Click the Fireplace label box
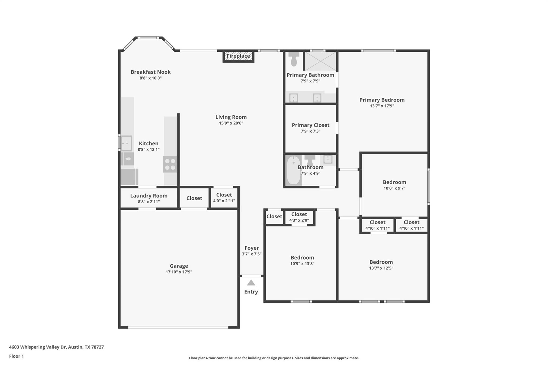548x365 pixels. pos(238,56)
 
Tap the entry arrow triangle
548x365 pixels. pos(251,283)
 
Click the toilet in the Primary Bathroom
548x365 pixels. pos(294,59)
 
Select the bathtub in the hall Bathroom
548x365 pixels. pos(294,170)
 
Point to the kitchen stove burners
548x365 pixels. pos(170,164)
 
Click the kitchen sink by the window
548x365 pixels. pos(126,143)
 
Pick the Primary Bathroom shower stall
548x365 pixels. pos(321,61)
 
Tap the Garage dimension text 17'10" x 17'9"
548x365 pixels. pos(179,272)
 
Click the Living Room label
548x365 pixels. pos(231,117)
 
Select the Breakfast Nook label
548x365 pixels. pos(150,72)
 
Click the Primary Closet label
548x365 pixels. pos(310,125)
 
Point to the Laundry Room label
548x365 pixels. pos(149,196)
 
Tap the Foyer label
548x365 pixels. pos(252,248)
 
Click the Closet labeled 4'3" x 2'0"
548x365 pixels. pos(299,217)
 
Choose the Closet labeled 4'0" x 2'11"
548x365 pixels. pos(224,197)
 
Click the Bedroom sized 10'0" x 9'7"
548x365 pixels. pos(394,185)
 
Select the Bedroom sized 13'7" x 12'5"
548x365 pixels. pos(381,264)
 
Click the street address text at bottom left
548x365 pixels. pos(56,347)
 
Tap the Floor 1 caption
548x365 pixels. pos(16,356)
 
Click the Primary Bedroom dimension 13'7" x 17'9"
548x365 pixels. pos(382,106)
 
